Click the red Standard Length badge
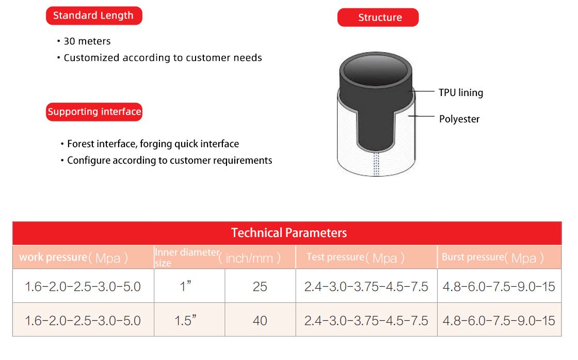[94, 15]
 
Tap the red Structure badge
[378, 18]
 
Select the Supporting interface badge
[94, 112]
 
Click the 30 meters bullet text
[87, 41]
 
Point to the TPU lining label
[461, 92]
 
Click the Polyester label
[459, 119]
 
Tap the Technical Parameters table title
[289, 233]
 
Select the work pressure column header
[73, 257]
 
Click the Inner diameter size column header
[217, 257]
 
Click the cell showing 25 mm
[260, 287]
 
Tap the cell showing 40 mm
[260, 321]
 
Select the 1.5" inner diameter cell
[185, 320]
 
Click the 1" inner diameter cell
[185, 286]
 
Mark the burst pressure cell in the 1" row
[499, 287]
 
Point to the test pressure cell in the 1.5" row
[366, 321]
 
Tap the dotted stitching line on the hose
[376, 164]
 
